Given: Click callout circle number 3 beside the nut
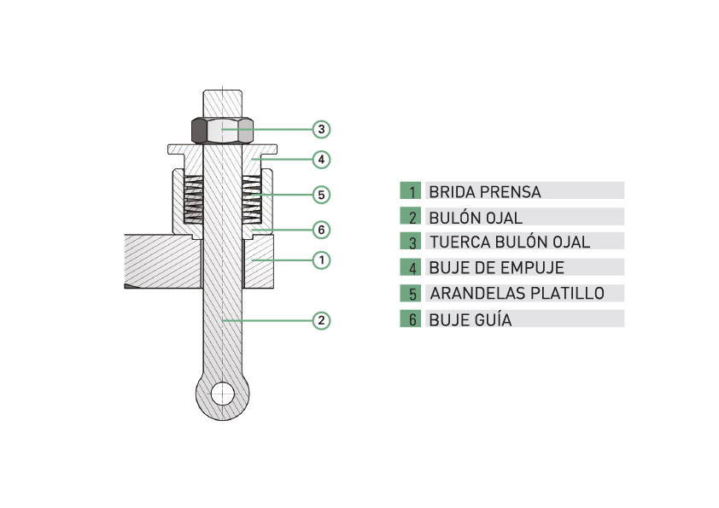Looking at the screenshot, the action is point(321,129).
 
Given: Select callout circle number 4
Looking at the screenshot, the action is point(321,160).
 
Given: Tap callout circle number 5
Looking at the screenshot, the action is point(321,195).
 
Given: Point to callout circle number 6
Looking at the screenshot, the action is point(321,230).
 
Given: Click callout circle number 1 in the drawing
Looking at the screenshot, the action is point(321,260).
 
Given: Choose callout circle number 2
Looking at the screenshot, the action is point(321,320).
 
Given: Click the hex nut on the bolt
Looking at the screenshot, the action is point(222,131).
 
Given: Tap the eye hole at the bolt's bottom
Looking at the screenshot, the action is point(222,394).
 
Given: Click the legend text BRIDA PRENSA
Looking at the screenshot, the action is point(485,192).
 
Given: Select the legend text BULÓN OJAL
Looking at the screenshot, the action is point(476,218).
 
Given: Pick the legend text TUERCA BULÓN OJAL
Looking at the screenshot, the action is point(510,242).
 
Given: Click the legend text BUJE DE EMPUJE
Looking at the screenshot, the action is point(497,268).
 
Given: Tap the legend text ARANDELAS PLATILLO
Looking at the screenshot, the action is point(517,294).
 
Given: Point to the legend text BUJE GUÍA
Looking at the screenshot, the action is point(470,319).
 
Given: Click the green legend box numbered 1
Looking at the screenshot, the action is point(411,190).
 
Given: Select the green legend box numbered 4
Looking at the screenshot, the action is point(411,267).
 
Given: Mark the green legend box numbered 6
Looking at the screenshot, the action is point(411,318).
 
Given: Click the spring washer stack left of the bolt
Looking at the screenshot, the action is point(193,200).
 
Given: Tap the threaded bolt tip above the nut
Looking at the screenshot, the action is point(222,103).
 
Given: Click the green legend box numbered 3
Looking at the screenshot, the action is point(411,241).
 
